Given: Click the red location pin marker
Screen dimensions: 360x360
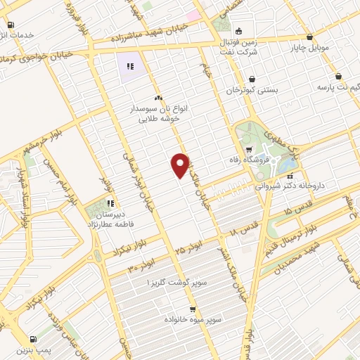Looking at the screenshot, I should click(180, 165).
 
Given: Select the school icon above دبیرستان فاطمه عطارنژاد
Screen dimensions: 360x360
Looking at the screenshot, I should click(110, 204).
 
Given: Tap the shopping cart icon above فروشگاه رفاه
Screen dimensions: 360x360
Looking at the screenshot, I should click(247, 150).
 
